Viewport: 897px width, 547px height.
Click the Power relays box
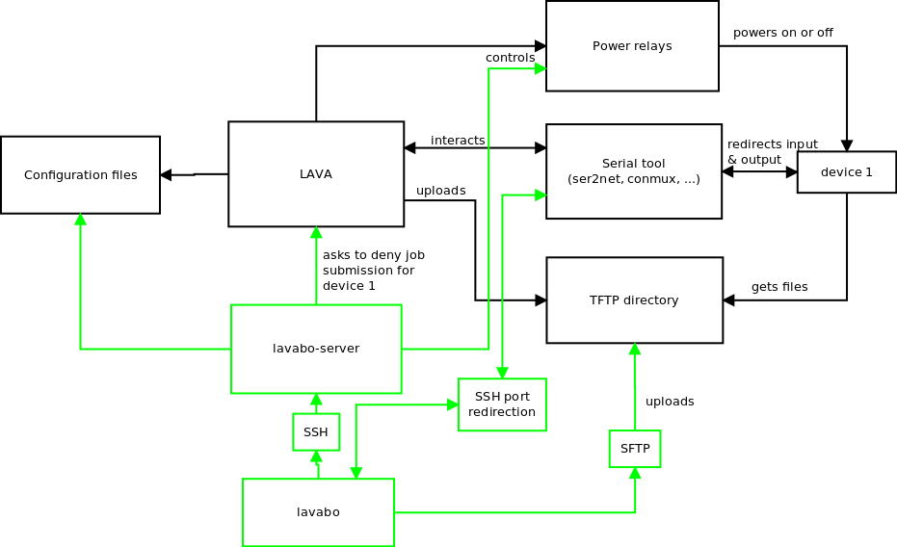(x=632, y=46)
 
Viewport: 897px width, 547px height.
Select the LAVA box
(x=316, y=174)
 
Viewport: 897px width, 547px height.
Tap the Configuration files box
(x=80, y=175)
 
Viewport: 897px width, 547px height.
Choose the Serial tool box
(x=633, y=171)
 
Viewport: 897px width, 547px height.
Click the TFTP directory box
(x=634, y=300)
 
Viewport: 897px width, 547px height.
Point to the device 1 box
(x=846, y=172)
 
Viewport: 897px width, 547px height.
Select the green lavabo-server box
(x=316, y=349)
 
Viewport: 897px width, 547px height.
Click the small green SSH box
(x=316, y=432)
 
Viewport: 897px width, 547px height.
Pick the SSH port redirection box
(x=502, y=404)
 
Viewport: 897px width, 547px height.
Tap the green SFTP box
(x=635, y=449)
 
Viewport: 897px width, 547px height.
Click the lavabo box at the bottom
(x=318, y=512)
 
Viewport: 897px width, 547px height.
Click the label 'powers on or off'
(x=782, y=33)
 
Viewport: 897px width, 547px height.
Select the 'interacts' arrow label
(x=458, y=141)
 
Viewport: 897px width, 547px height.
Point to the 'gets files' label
(x=779, y=287)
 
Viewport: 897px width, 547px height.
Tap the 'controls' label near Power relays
(x=510, y=58)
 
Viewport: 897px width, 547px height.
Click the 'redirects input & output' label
(x=772, y=151)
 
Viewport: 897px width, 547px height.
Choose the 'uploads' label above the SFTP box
(x=670, y=402)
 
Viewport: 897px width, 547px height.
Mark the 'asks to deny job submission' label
(x=374, y=271)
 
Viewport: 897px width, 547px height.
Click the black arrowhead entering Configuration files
(x=166, y=175)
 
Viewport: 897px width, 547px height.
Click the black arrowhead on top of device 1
(x=847, y=145)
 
